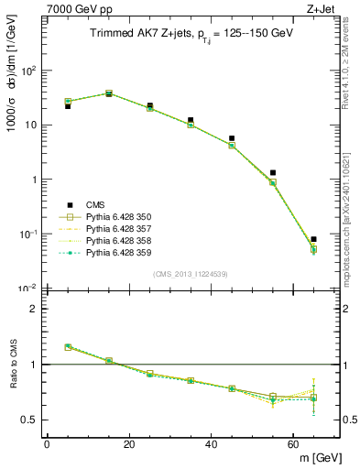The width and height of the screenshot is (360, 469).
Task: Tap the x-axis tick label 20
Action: tap(128, 443)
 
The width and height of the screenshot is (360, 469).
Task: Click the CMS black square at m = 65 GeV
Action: tap(313, 239)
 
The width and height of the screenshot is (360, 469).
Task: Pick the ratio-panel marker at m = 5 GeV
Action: tap(68, 347)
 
